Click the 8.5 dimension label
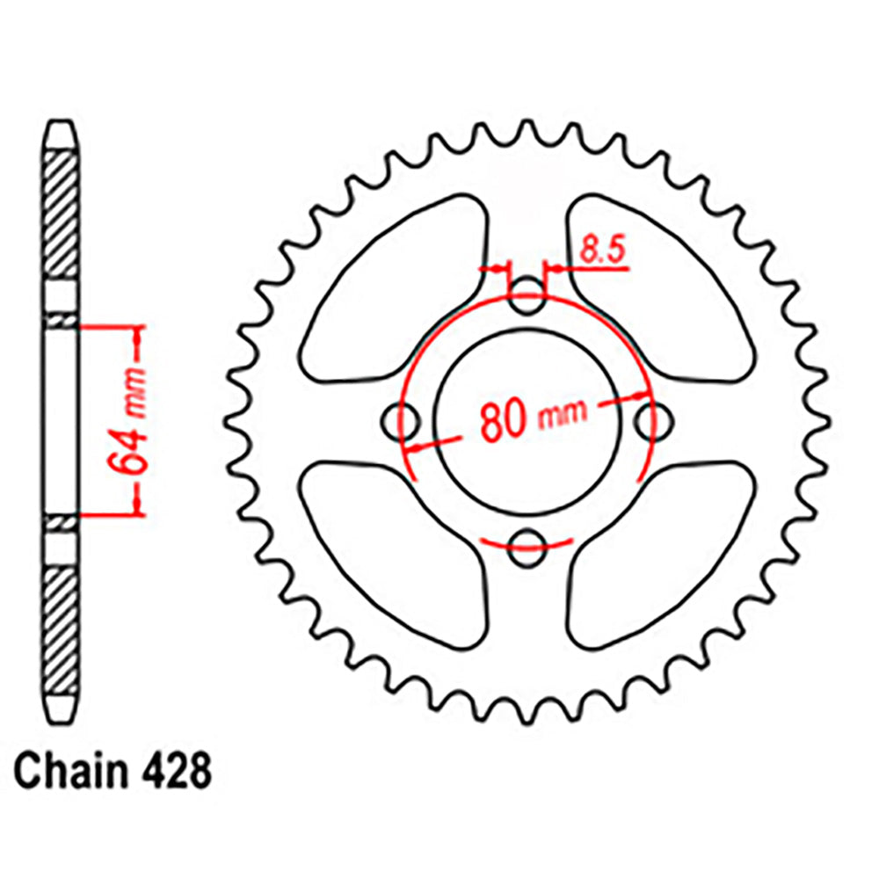click(600, 252)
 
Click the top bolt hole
click(527, 297)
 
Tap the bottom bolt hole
click(527, 545)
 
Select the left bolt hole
click(403, 421)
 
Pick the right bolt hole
click(650, 421)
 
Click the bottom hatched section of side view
click(62, 628)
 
